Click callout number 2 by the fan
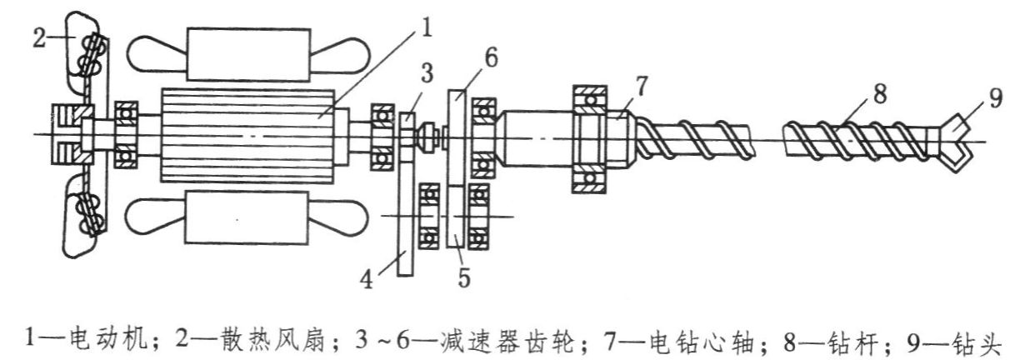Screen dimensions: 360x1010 click(38, 37)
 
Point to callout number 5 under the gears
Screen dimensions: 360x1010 click(463, 277)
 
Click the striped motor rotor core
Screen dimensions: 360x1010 click(247, 136)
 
